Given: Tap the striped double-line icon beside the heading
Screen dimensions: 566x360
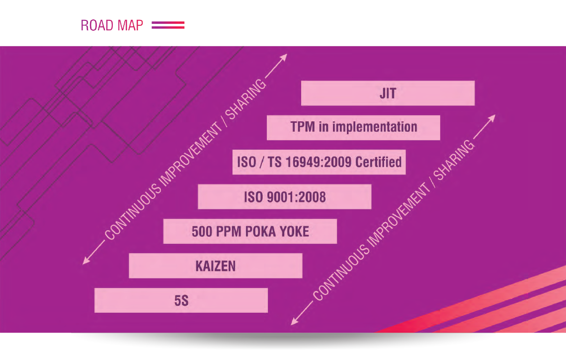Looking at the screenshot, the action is tap(168, 25).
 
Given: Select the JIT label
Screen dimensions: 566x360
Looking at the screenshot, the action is tap(388, 93).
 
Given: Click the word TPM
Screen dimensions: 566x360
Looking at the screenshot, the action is tap(303, 127).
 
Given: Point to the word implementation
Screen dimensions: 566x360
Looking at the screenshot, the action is tap(374, 127).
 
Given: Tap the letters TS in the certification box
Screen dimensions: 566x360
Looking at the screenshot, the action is tap(274, 162).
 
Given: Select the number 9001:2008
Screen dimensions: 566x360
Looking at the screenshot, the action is tap(296, 197).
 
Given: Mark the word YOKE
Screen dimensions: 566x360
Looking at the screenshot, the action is tap(294, 231).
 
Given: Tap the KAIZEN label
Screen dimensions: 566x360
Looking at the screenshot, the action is tap(216, 266).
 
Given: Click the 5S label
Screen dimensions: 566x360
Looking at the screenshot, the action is tap(181, 300).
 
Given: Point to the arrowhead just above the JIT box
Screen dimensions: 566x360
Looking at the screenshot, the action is tap(284, 57).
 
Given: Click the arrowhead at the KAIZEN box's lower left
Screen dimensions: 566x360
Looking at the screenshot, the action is tap(86, 261).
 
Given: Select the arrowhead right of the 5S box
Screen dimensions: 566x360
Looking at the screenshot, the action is tap(295, 321).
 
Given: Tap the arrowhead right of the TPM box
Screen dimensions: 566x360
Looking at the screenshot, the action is tap(491, 118).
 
